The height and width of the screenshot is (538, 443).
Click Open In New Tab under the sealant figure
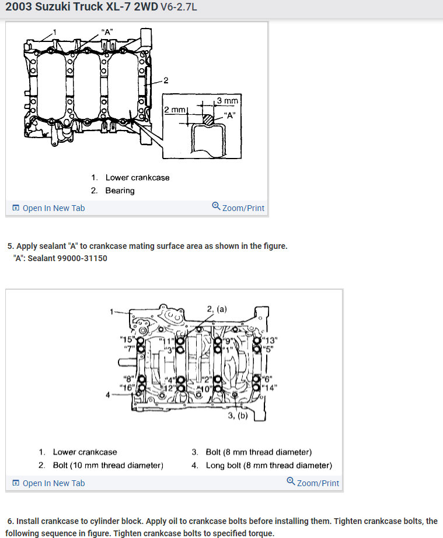coord(49,208)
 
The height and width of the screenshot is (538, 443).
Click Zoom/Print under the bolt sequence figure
coord(313,483)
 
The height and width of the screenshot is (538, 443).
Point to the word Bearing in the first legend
coord(120,191)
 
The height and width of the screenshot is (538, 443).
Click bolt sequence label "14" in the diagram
coord(269,387)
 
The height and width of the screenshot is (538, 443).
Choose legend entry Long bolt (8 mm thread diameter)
coord(268,465)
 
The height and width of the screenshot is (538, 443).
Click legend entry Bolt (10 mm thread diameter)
coord(108,465)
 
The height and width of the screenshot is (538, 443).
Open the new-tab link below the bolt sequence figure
coord(49,483)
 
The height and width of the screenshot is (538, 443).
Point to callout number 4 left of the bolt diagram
coord(107,395)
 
